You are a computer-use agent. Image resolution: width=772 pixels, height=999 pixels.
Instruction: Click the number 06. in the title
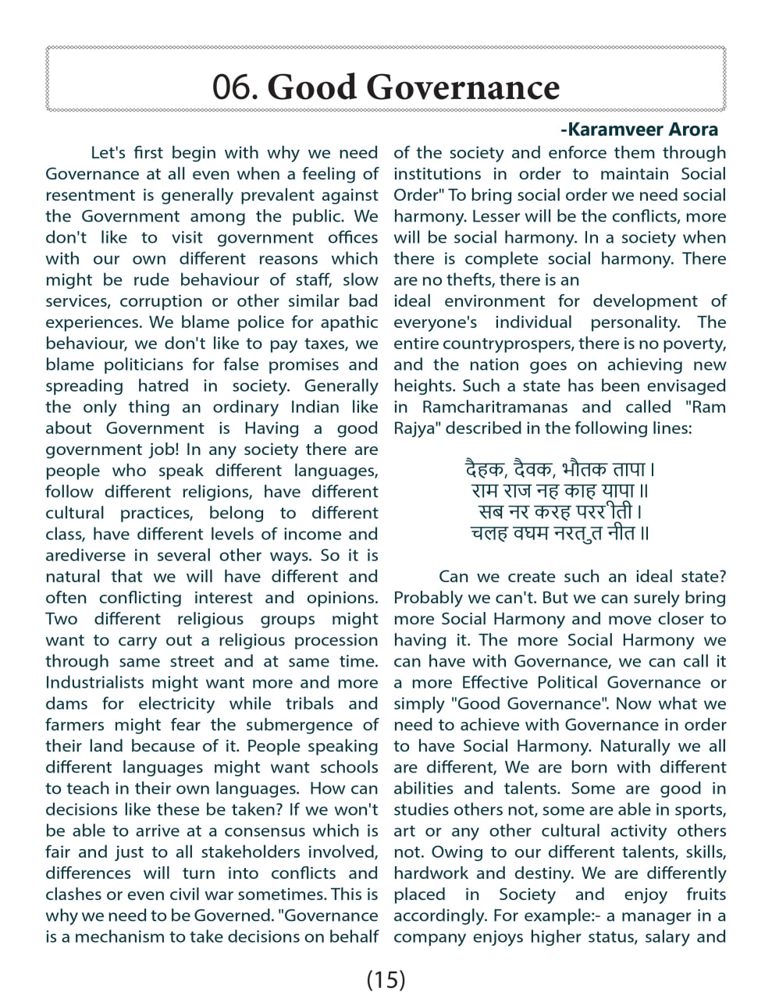coord(235,87)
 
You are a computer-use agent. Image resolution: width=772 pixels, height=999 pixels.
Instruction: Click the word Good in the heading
coord(311,87)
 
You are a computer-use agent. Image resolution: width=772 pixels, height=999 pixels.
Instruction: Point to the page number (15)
coord(386,979)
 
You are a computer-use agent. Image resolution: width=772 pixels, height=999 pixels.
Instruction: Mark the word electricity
coord(176,703)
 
